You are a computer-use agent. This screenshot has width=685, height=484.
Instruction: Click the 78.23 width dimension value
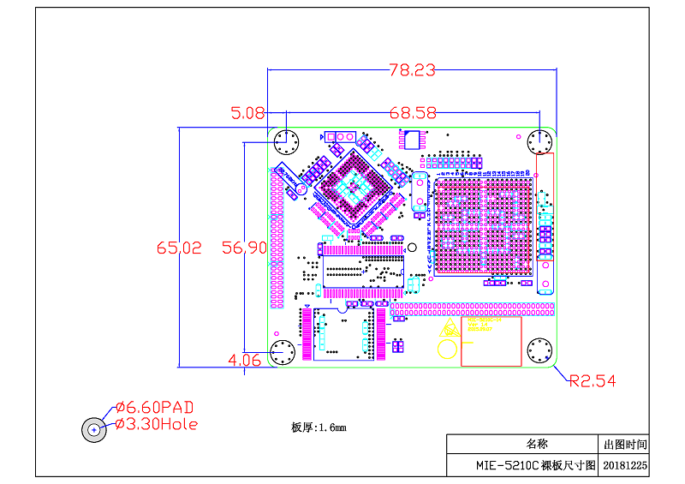tap(413, 70)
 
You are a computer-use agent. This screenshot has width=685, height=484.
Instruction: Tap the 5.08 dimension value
tap(247, 112)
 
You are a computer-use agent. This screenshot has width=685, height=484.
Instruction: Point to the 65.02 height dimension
tap(179, 248)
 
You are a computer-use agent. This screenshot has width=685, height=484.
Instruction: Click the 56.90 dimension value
tap(245, 248)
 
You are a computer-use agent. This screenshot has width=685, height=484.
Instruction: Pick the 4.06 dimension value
tap(245, 361)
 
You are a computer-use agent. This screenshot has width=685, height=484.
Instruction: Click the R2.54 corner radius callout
tap(593, 380)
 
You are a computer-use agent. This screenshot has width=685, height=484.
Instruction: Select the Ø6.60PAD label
tap(154, 406)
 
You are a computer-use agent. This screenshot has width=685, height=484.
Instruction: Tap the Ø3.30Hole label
tap(156, 424)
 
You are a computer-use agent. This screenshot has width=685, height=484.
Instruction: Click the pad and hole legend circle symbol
tap(94, 429)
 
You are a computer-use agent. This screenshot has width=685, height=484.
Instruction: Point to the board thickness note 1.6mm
tap(319, 427)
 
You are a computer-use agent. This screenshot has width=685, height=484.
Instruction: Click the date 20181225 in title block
tap(625, 466)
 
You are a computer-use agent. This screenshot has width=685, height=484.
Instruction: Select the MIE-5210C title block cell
tap(536, 466)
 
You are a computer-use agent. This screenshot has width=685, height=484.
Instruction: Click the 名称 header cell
tap(536, 445)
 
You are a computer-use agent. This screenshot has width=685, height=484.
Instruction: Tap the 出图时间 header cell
tap(625, 445)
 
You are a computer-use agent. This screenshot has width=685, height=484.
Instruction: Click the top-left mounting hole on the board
tap(285, 142)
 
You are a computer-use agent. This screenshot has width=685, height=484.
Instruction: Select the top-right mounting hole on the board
tap(539, 142)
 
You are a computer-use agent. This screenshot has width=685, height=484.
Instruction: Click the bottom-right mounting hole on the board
tap(539, 351)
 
